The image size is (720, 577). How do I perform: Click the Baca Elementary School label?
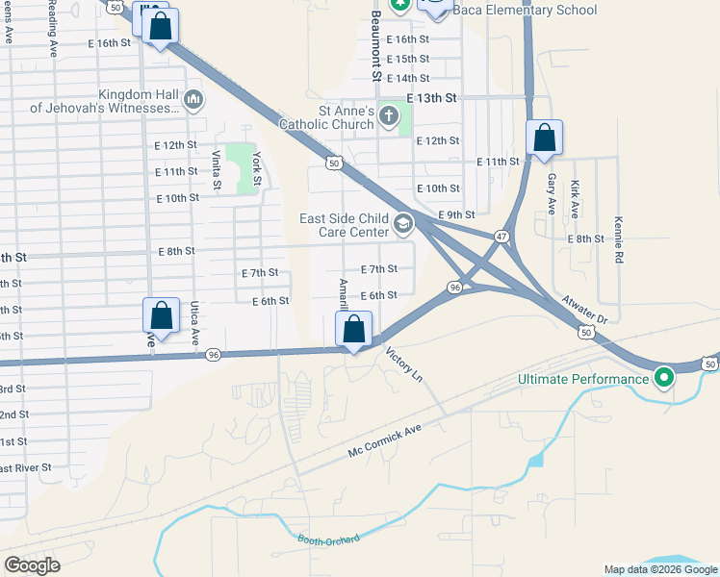tap(525, 10)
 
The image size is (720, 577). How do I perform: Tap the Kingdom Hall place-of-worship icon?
tap(193, 99)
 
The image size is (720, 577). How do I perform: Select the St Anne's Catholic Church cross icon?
tap(388, 116)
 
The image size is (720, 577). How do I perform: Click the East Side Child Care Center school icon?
tap(403, 225)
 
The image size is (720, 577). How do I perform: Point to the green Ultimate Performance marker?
tap(663, 379)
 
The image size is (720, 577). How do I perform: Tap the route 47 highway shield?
tap(501, 237)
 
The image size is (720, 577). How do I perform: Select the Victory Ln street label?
tap(403, 365)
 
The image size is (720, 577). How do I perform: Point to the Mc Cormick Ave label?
tap(385, 441)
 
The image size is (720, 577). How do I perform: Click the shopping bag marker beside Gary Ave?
tap(545, 138)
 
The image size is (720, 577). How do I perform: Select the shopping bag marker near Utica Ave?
tap(161, 315)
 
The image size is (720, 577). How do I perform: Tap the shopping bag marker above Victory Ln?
tap(354, 330)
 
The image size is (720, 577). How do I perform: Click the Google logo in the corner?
tap(32, 564)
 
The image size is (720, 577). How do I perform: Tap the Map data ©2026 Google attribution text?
tap(659, 569)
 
